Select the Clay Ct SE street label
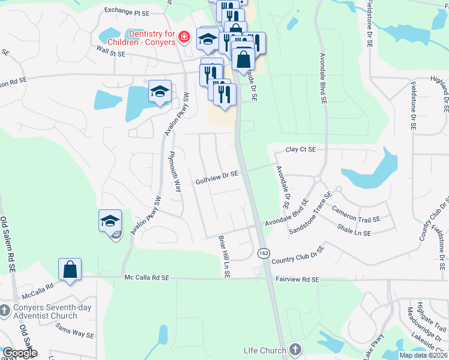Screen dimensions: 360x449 click(300, 149)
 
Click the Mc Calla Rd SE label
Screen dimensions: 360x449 click(147, 278)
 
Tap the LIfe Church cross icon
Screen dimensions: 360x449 click(294, 349)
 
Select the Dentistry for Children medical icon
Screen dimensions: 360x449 click(184, 38)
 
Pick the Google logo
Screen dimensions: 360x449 click(20, 353)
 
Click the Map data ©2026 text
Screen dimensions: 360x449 click(423, 355)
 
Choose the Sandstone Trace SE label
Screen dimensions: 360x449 click(310, 212)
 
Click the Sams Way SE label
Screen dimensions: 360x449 click(75, 331)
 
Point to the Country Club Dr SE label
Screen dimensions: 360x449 click(298, 255)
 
